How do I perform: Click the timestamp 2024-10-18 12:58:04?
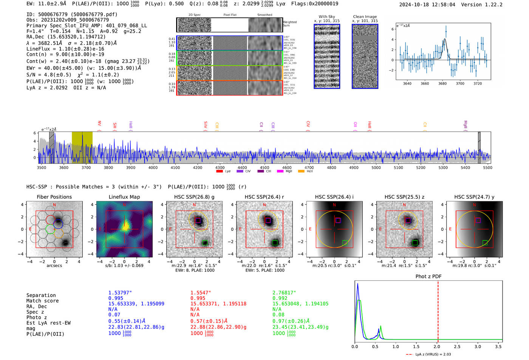click(x=427, y=5)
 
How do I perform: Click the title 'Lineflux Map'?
click(x=124, y=197)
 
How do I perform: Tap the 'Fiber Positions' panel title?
click(x=54, y=197)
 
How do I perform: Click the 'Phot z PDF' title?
click(x=428, y=276)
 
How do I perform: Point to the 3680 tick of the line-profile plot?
click(x=442, y=83)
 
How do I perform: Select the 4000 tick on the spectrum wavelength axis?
click(x=153, y=167)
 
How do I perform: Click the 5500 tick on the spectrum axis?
click(x=487, y=167)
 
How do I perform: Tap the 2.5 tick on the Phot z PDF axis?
click(x=457, y=346)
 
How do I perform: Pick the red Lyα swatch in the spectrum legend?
click(x=219, y=171)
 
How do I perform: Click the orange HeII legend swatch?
click(x=301, y=171)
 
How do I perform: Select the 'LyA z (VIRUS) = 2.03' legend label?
click(x=433, y=354)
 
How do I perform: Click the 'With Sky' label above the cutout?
click(x=326, y=17)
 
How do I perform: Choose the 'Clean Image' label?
click(x=365, y=17)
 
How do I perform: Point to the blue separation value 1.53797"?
click(x=120, y=293)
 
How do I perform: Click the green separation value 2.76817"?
click(x=284, y=293)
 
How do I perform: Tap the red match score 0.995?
click(x=198, y=298)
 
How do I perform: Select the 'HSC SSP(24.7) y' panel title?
click(x=474, y=197)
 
